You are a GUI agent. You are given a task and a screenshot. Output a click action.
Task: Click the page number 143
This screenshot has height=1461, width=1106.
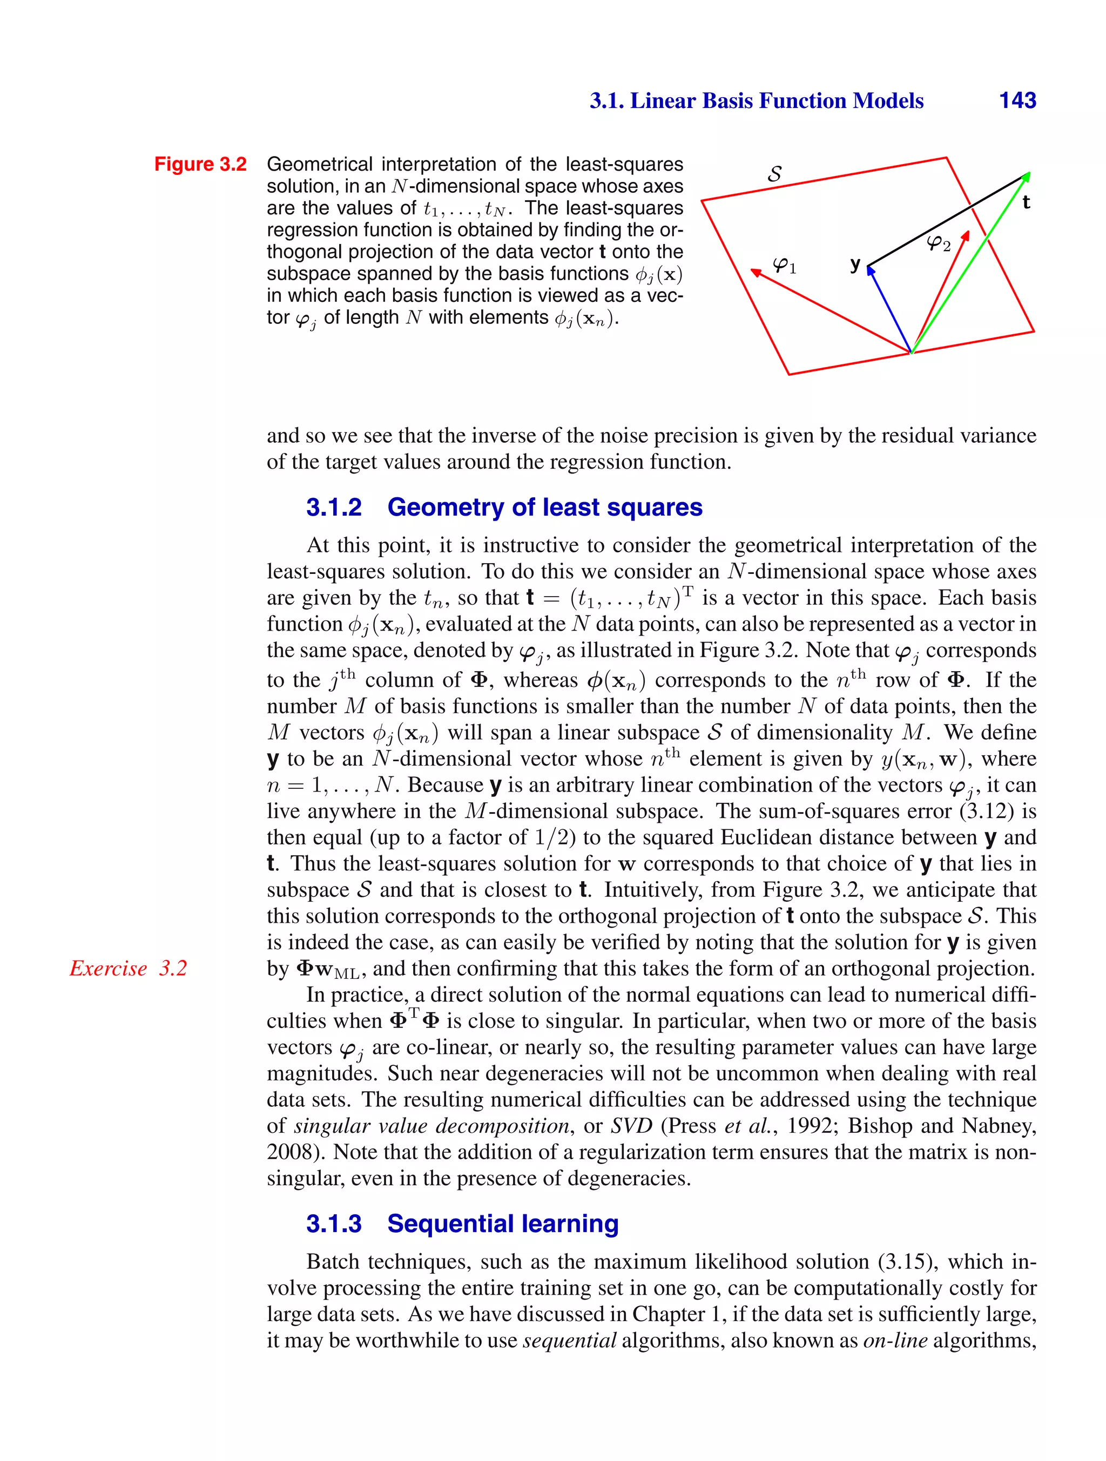point(1017,100)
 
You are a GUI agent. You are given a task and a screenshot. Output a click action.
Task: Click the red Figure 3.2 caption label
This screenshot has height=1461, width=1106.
point(200,165)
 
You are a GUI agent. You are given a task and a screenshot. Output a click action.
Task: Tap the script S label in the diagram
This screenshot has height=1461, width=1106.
point(774,174)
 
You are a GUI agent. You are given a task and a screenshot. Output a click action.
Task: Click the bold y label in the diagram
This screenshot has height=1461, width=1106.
point(855,264)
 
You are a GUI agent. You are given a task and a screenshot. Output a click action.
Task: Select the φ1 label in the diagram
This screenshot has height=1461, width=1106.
point(785,266)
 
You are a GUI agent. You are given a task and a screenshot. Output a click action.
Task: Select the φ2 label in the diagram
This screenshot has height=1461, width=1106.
point(939,243)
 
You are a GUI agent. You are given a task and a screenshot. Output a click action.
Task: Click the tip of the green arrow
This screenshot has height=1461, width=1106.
point(1028,174)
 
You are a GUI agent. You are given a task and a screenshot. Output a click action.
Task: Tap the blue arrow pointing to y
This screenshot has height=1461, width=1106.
point(888,308)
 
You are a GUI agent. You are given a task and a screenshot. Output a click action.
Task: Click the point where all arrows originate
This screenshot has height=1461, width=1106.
point(911,353)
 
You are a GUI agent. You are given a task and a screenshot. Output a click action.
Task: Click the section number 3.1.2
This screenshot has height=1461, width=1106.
point(334,508)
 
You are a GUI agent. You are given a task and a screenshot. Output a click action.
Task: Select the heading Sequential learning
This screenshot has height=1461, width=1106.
point(503,1223)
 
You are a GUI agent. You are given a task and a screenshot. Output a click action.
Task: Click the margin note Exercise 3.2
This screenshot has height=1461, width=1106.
point(128,968)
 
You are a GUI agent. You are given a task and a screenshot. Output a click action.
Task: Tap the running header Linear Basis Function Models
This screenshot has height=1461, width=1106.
point(757,100)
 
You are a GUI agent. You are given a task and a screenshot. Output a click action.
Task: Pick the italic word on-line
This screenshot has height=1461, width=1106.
point(895,1340)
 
